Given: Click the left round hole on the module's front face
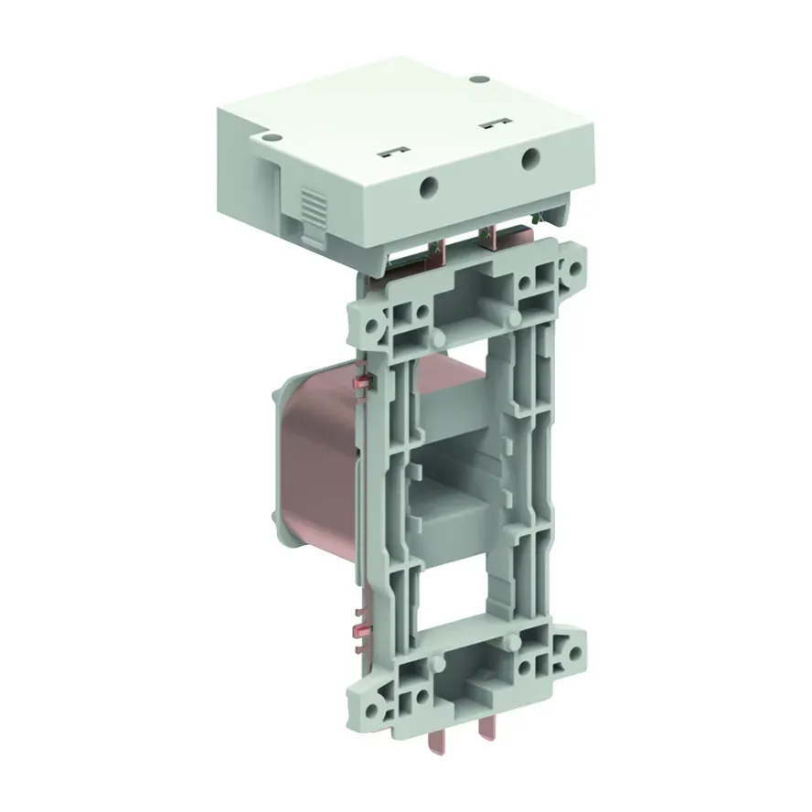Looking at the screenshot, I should coord(427,187).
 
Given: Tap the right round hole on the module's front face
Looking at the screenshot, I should coord(529,161).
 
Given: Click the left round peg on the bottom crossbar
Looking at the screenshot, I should coord(441,662).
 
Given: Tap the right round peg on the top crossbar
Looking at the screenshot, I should coord(515,317).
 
